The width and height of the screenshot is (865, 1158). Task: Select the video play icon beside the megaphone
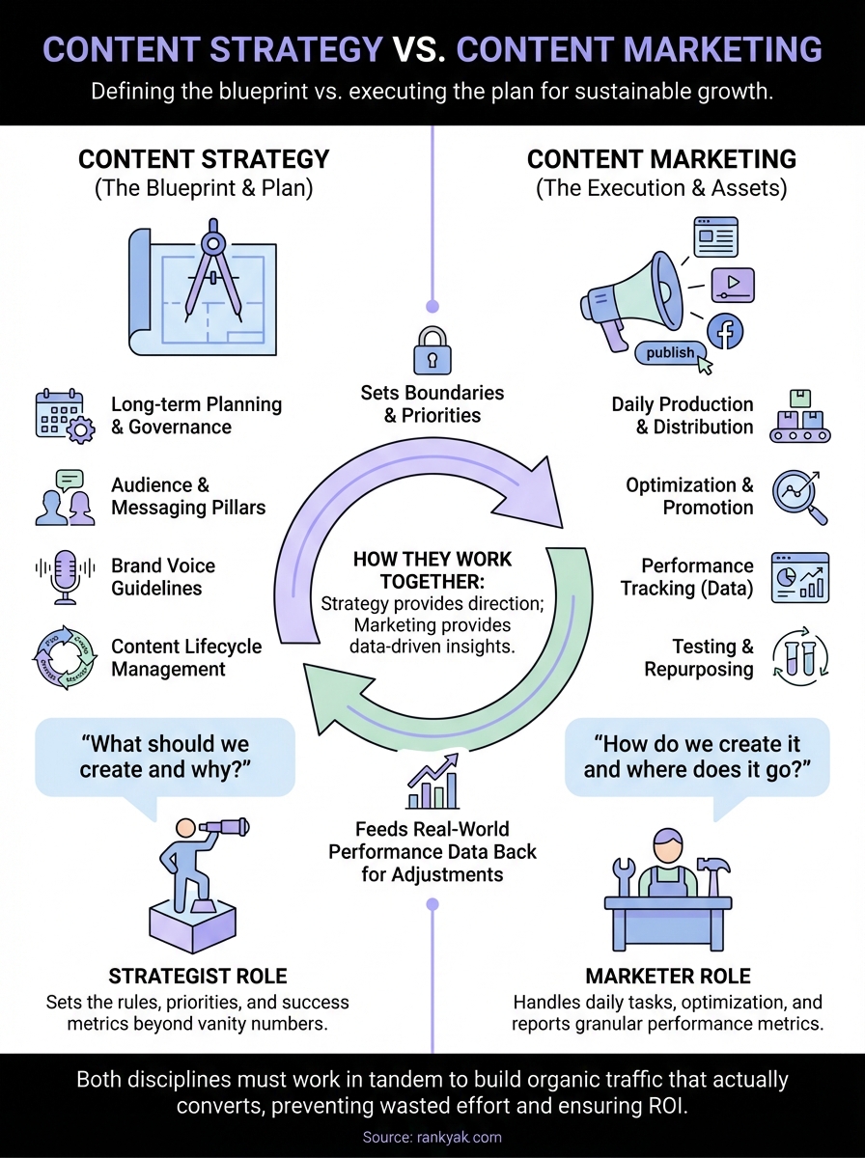pyautogui.click(x=733, y=284)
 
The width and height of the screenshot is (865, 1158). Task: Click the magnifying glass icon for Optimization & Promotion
pyautogui.click(x=800, y=496)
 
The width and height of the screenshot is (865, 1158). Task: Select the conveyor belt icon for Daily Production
pyautogui.click(x=800, y=417)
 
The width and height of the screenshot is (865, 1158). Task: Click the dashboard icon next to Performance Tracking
pyautogui.click(x=800, y=577)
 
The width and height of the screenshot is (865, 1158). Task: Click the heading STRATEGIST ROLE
pyautogui.click(x=197, y=976)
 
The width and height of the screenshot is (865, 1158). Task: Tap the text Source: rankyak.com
pyautogui.click(x=432, y=1138)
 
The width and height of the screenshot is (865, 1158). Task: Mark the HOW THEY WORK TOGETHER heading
pyautogui.click(x=432, y=569)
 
